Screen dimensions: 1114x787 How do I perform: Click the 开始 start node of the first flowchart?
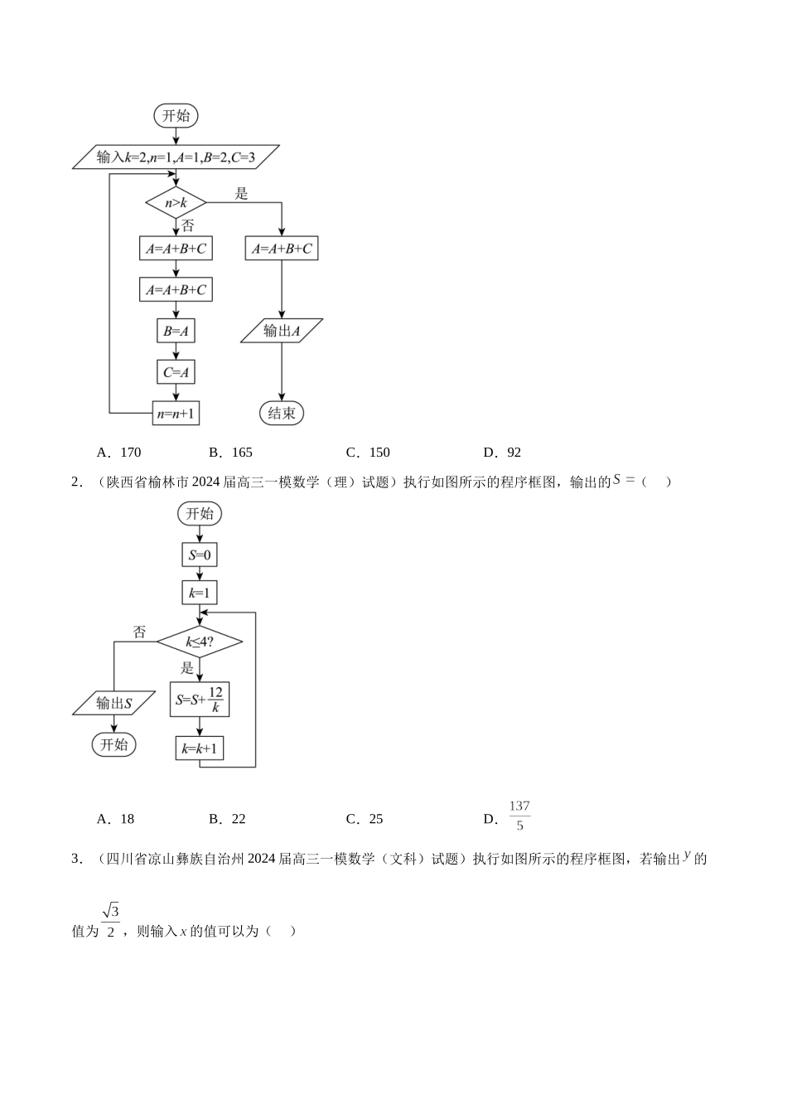[x=176, y=116]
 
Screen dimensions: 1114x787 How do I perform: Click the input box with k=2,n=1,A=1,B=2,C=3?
[x=176, y=157]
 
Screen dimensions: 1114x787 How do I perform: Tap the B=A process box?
[x=176, y=331]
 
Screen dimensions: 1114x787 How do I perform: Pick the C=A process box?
[x=176, y=372]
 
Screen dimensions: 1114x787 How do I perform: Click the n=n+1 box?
[x=176, y=413]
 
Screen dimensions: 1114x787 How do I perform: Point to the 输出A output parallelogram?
[x=282, y=331]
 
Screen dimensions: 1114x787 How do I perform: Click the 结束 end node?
[x=282, y=413]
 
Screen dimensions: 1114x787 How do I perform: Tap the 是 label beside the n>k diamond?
[x=242, y=194]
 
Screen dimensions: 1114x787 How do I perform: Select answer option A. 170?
[x=120, y=453]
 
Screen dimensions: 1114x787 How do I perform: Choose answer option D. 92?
[x=503, y=453]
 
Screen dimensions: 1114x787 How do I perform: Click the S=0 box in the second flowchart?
[x=200, y=555]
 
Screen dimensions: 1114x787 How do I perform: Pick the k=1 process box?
[x=200, y=593]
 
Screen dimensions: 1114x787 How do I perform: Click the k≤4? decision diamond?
[x=200, y=642]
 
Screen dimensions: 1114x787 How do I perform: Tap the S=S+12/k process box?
[x=200, y=700]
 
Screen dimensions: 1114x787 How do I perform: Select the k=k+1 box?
[x=200, y=749]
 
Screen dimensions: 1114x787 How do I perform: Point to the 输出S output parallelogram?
[x=113, y=704]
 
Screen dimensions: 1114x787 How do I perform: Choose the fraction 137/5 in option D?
[x=519, y=816]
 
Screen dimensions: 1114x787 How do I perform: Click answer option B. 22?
[x=228, y=819]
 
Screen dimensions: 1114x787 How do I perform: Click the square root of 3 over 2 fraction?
[x=111, y=920]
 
